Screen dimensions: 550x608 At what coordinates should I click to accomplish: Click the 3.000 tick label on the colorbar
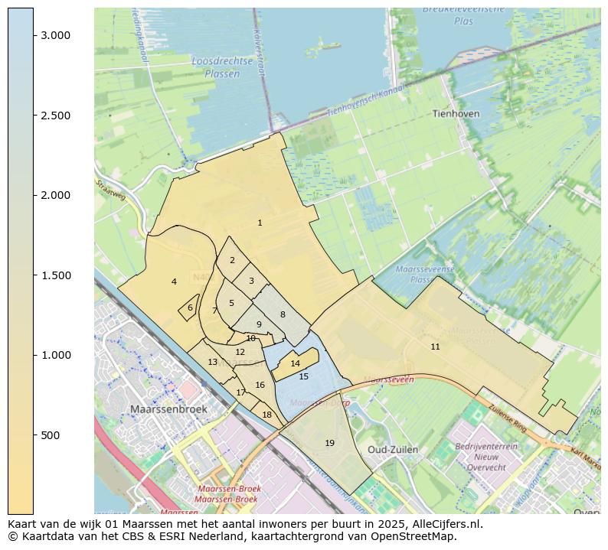(56, 35)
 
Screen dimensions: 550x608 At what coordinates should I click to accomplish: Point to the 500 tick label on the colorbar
(51, 435)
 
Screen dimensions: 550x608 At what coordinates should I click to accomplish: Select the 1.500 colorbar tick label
(56, 275)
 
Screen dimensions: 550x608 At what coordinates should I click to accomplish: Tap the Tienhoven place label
(456, 113)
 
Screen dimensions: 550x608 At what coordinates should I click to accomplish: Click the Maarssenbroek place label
(168, 409)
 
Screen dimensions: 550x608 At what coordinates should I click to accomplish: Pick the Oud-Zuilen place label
(393, 449)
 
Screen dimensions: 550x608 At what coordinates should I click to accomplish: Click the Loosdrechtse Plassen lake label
(216, 67)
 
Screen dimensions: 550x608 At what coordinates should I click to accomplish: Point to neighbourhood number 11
(435, 347)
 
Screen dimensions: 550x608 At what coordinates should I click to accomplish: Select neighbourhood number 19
(329, 443)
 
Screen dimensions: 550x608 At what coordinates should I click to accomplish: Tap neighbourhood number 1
(260, 223)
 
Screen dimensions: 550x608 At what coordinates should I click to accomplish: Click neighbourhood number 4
(174, 282)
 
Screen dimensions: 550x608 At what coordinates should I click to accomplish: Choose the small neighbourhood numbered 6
(190, 308)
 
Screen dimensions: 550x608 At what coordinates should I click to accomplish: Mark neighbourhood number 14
(295, 363)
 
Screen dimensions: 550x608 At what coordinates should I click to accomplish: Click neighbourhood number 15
(303, 376)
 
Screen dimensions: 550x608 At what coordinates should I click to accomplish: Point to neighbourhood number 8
(282, 314)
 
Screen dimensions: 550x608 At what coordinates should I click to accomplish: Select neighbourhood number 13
(212, 362)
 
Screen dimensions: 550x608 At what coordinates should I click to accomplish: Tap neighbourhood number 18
(266, 415)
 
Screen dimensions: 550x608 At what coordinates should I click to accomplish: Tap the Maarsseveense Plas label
(425, 275)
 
